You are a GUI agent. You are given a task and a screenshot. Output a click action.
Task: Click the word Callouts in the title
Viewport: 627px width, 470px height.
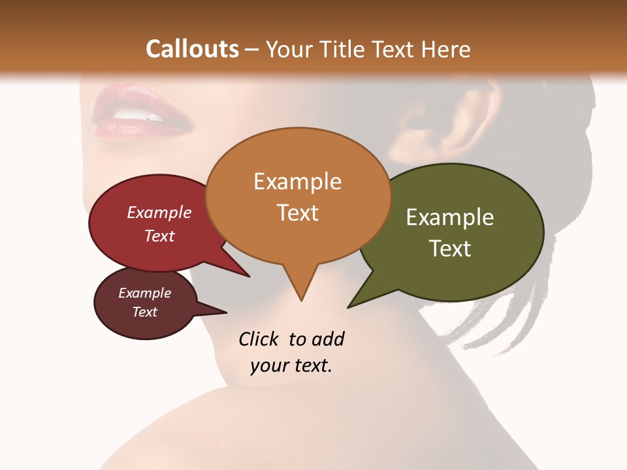pos(192,49)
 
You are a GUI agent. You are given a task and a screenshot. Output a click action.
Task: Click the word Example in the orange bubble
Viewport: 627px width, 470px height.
pos(298,181)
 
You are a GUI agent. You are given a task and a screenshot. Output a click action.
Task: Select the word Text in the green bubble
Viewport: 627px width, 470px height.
pos(450,249)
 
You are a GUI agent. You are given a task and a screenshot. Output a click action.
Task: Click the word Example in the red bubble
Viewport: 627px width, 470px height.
pos(159,213)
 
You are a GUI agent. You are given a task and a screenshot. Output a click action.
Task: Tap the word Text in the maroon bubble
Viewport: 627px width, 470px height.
pos(145,312)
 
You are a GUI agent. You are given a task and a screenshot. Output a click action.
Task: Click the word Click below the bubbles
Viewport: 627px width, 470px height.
pos(260,339)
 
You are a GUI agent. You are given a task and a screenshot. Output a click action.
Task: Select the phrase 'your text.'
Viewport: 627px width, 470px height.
pos(291,366)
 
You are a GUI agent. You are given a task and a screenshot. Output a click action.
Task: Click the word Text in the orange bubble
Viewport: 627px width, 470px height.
pos(298,213)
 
